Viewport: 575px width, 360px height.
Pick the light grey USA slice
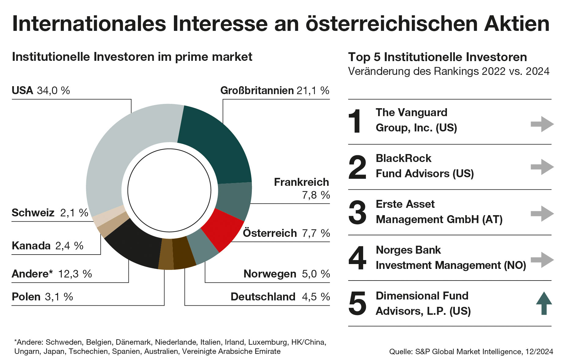[x=122, y=153]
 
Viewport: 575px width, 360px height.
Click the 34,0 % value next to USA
[x=53, y=91]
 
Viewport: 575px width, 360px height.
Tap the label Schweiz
[x=33, y=213]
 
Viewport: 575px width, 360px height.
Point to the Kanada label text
[x=31, y=246]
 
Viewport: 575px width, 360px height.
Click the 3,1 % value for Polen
[x=59, y=297]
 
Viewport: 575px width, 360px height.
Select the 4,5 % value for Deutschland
[x=316, y=297]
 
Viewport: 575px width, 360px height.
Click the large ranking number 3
[x=357, y=213]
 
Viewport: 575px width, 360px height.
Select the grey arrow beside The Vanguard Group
[x=542, y=124]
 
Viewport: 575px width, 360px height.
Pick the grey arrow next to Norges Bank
[x=542, y=260]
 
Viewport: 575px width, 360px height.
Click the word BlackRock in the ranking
[x=404, y=158]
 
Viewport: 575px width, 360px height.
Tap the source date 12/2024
[x=539, y=352]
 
